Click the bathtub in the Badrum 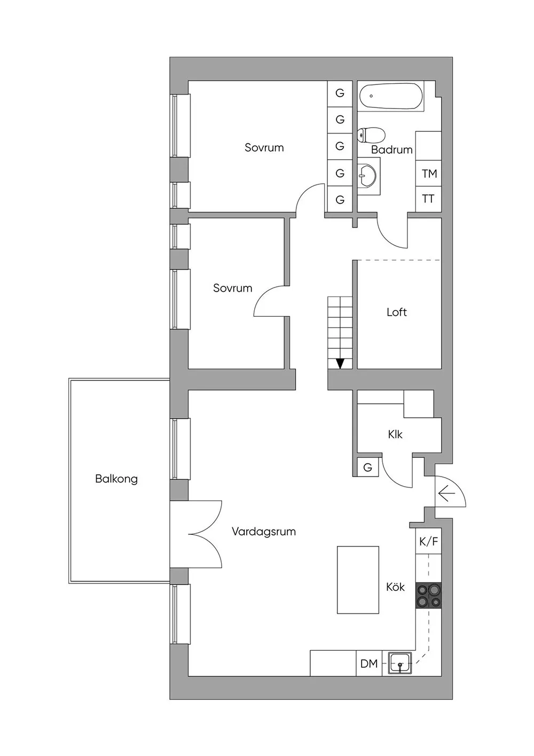point(391,97)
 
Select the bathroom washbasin point(367,175)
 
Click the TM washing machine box point(429,174)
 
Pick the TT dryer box point(428,199)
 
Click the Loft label point(397,312)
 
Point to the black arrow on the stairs point(340,363)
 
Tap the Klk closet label point(395,434)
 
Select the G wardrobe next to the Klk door point(367,467)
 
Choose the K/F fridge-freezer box point(428,542)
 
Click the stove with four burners point(429,595)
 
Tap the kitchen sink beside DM point(400,664)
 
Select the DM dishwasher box point(369,664)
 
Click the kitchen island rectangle point(358,580)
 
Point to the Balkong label point(116,479)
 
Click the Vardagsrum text point(264,532)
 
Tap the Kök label point(395,587)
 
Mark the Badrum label point(392,150)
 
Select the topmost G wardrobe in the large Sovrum point(340,93)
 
